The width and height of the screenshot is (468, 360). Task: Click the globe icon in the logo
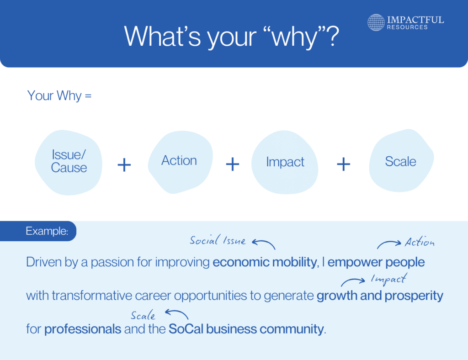tap(376, 22)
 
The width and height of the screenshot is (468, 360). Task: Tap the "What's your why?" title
tap(232, 37)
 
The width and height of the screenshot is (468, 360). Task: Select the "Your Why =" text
tap(59, 96)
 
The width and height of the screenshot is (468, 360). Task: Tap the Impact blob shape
tap(285, 162)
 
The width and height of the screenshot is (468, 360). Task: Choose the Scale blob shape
tap(400, 161)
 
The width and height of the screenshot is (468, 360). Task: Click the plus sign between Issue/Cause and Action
tap(124, 165)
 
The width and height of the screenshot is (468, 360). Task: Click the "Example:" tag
tap(47, 231)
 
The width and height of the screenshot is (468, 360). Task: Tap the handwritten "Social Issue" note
tap(218, 241)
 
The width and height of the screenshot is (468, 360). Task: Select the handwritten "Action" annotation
tap(419, 243)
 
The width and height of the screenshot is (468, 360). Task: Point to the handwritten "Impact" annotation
tap(388, 279)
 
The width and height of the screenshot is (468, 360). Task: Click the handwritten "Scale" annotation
tap(143, 316)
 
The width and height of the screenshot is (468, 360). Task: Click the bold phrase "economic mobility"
tap(264, 263)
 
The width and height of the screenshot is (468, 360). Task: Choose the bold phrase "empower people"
tap(376, 263)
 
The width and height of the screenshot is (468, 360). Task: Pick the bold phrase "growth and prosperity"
tap(379, 296)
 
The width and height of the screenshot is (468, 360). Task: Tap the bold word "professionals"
tap(83, 329)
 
